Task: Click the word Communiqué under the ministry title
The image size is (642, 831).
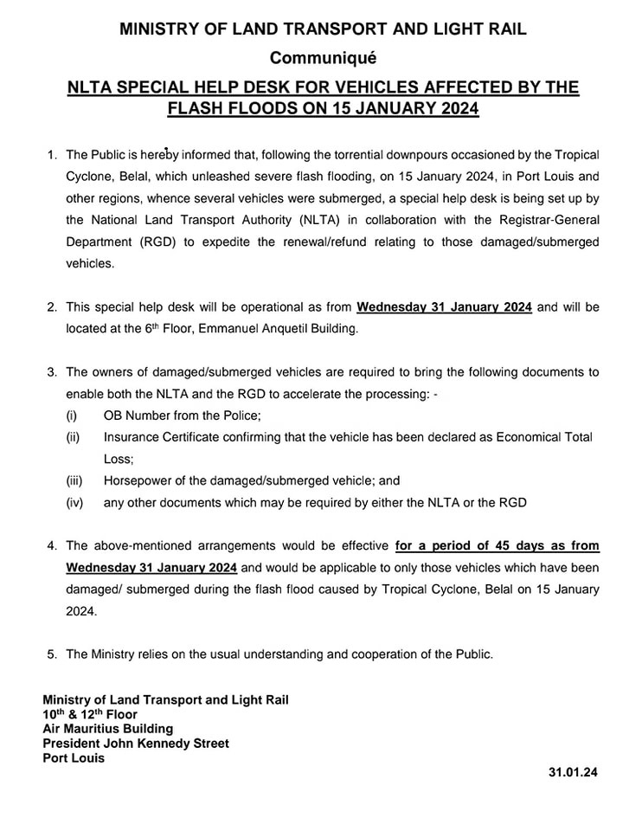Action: point(323,59)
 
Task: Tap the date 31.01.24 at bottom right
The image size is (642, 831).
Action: point(573,770)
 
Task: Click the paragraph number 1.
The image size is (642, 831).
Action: point(53,155)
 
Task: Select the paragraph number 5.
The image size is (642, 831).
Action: point(53,654)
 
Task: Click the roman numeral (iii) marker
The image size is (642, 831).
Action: point(75,480)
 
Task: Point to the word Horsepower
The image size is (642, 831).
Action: point(139,480)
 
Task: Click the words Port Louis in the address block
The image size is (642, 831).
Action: point(74,757)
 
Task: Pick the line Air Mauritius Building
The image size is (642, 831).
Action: point(108,729)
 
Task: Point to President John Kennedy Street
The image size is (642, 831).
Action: point(136,744)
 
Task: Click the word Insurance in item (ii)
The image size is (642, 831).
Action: point(132,437)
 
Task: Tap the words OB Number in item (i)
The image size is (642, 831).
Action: point(135,415)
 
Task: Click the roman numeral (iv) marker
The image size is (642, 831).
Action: point(75,502)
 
